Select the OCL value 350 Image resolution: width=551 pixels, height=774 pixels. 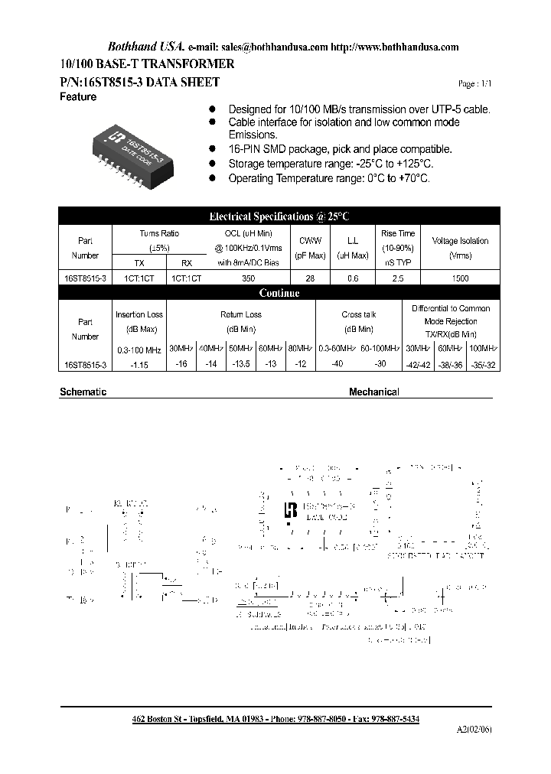click(x=248, y=279)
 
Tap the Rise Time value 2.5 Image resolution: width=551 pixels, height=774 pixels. click(x=397, y=279)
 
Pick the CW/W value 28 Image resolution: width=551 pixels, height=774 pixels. click(x=310, y=279)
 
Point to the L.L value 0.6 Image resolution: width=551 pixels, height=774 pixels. click(x=353, y=279)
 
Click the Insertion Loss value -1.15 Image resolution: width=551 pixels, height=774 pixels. click(x=139, y=365)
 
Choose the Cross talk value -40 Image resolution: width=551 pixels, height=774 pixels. click(x=336, y=365)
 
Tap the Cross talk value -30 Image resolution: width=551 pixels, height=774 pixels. click(x=380, y=365)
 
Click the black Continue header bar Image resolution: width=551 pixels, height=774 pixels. click(x=279, y=293)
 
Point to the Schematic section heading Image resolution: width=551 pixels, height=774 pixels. click(x=83, y=392)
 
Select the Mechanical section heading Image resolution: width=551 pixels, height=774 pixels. click(x=373, y=392)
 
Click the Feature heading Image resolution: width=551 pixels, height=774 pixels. click(x=78, y=97)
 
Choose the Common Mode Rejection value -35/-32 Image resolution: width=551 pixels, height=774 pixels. click(x=480, y=365)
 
